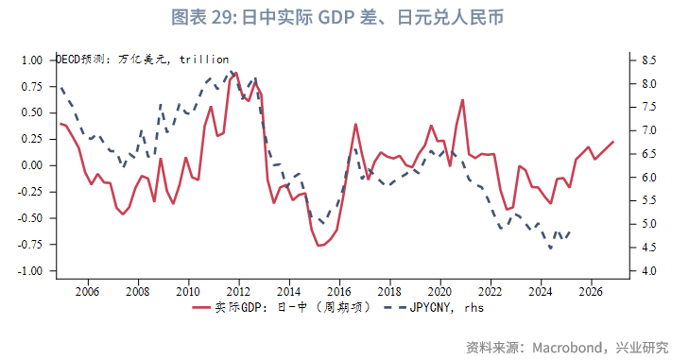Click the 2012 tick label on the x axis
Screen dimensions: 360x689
point(238,290)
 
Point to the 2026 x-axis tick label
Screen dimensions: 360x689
point(591,290)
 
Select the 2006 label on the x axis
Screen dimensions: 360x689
point(88,290)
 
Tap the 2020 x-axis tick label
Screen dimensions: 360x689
point(439,290)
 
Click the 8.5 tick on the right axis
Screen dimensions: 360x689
point(649,60)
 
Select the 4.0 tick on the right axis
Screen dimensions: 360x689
point(649,271)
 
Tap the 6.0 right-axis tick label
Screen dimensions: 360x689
point(649,178)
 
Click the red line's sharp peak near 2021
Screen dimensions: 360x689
point(463,99)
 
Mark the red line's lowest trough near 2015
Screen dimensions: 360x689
point(319,246)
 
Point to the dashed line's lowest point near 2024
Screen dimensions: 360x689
point(551,249)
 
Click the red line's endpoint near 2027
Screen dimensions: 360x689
point(613,142)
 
